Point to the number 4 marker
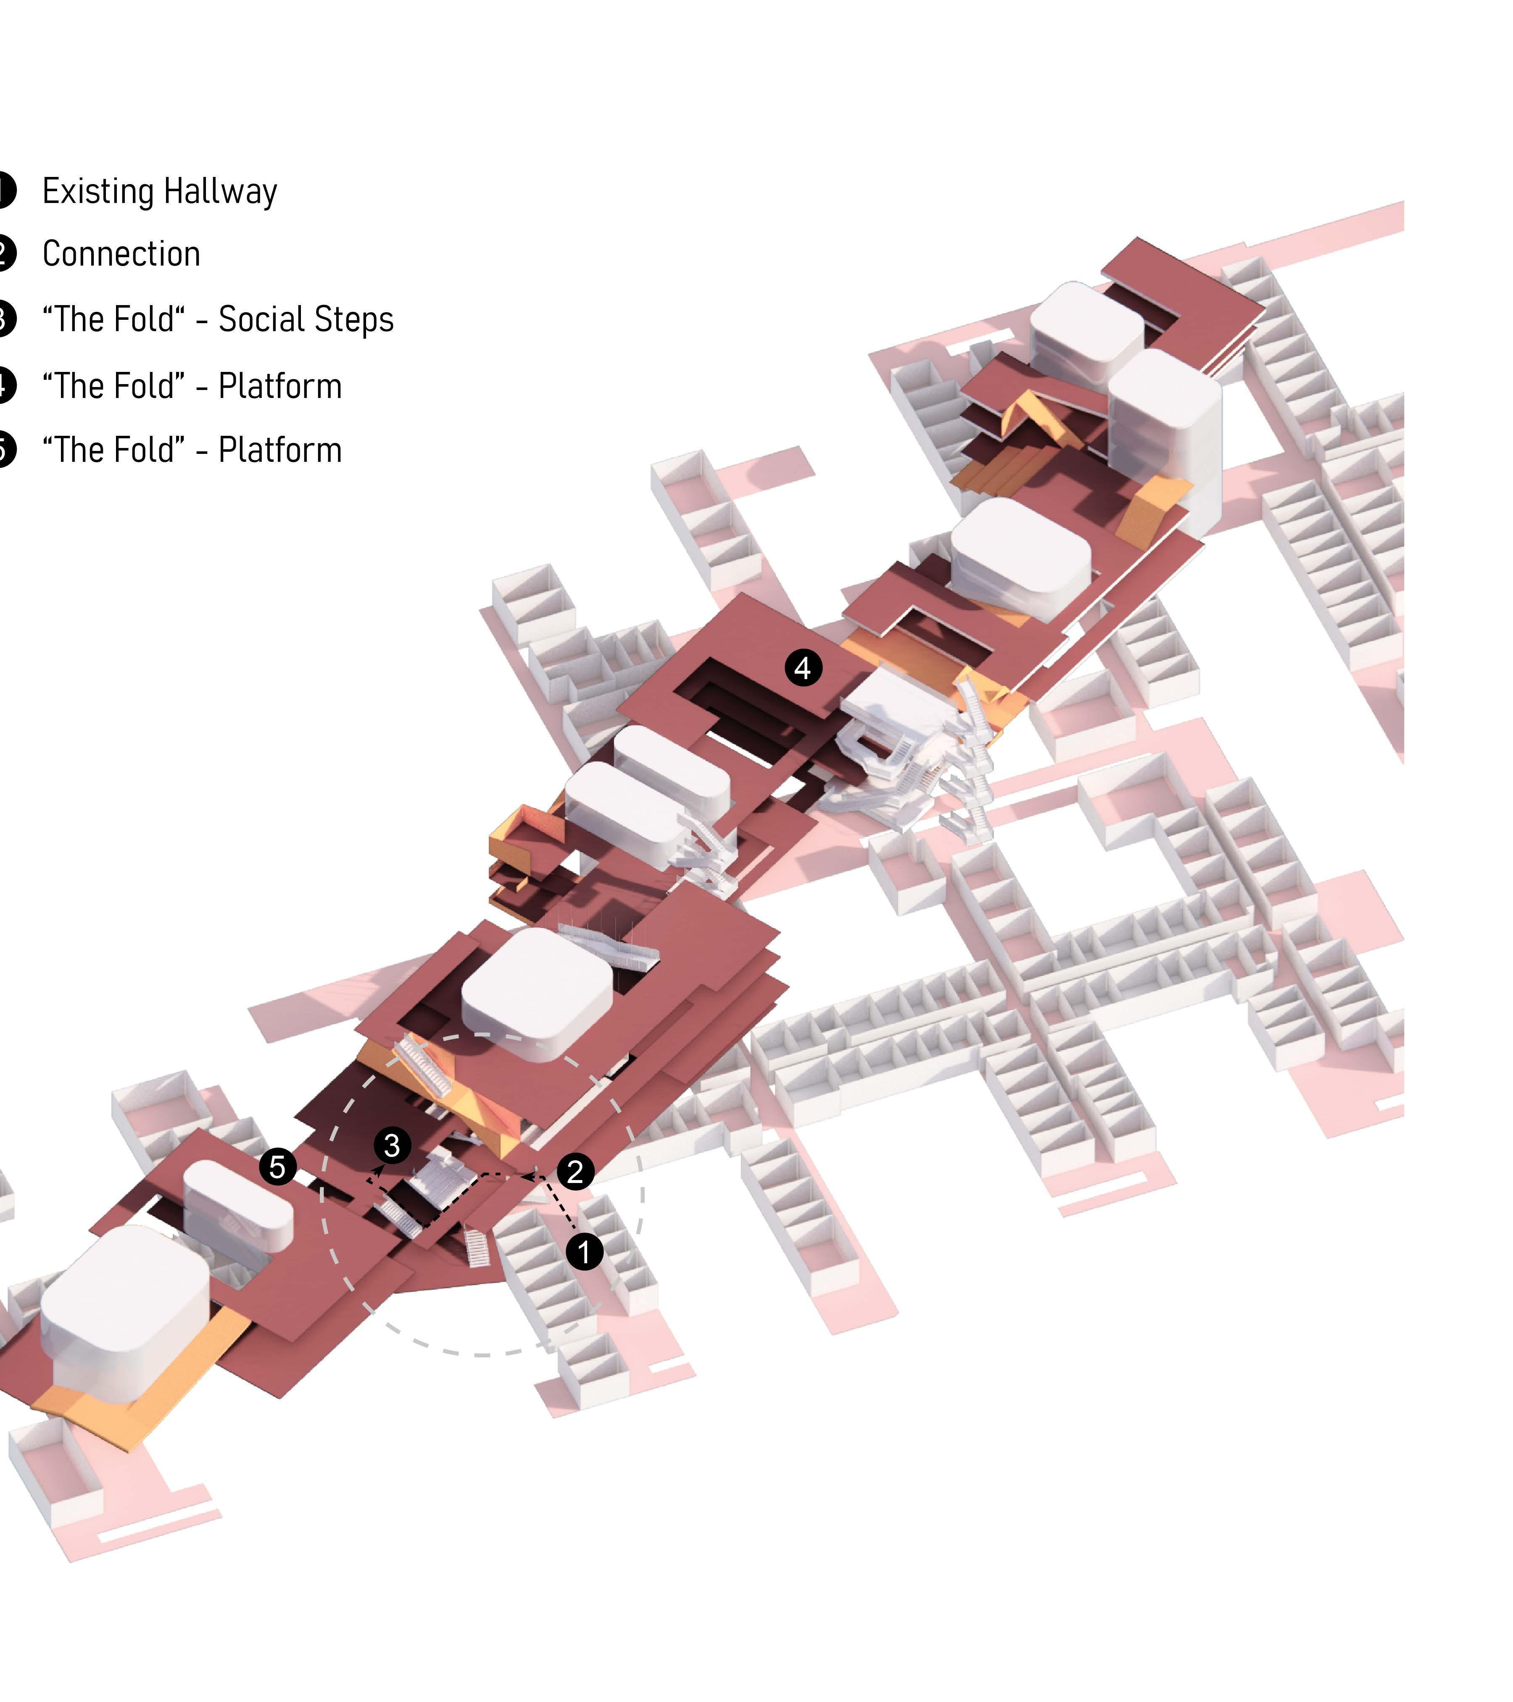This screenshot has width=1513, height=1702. coord(803,668)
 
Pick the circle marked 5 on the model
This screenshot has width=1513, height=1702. coord(277,1167)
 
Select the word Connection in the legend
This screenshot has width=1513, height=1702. coord(121,254)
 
